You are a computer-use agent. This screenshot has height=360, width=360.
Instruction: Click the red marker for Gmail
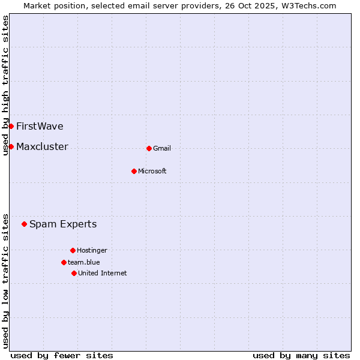tap(149, 148)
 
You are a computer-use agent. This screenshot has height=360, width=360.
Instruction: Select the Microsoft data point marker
tap(134, 171)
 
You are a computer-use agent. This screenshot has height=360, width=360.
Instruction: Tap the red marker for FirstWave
tap(11, 126)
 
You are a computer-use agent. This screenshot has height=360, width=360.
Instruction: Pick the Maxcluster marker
tap(11, 146)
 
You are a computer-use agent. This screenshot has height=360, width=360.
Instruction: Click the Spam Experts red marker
tap(24, 224)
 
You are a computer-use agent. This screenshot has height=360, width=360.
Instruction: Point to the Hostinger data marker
tap(73, 250)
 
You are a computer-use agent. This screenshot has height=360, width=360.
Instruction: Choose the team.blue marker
tap(64, 262)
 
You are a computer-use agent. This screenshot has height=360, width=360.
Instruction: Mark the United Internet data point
tap(74, 273)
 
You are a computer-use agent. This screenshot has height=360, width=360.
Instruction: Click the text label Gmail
tap(162, 148)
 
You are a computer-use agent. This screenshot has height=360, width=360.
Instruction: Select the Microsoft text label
tap(152, 171)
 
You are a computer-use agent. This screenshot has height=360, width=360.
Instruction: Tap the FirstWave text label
tap(40, 126)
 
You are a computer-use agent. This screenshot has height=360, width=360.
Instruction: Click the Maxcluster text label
tap(42, 146)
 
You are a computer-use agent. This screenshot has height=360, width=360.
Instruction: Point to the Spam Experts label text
tap(63, 224)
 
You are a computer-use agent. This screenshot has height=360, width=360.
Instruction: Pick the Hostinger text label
tap(92, 250)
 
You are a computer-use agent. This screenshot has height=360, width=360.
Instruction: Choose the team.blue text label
tap(84, 262)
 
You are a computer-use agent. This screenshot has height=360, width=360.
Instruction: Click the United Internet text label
tap(103, 273)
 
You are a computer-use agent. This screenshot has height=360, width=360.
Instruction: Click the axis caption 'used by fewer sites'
tap(62, 355)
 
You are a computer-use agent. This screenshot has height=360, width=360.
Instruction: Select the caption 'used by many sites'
tap(301, 355)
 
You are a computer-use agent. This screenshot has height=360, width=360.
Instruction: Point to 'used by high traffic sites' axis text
tap(5, 85)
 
